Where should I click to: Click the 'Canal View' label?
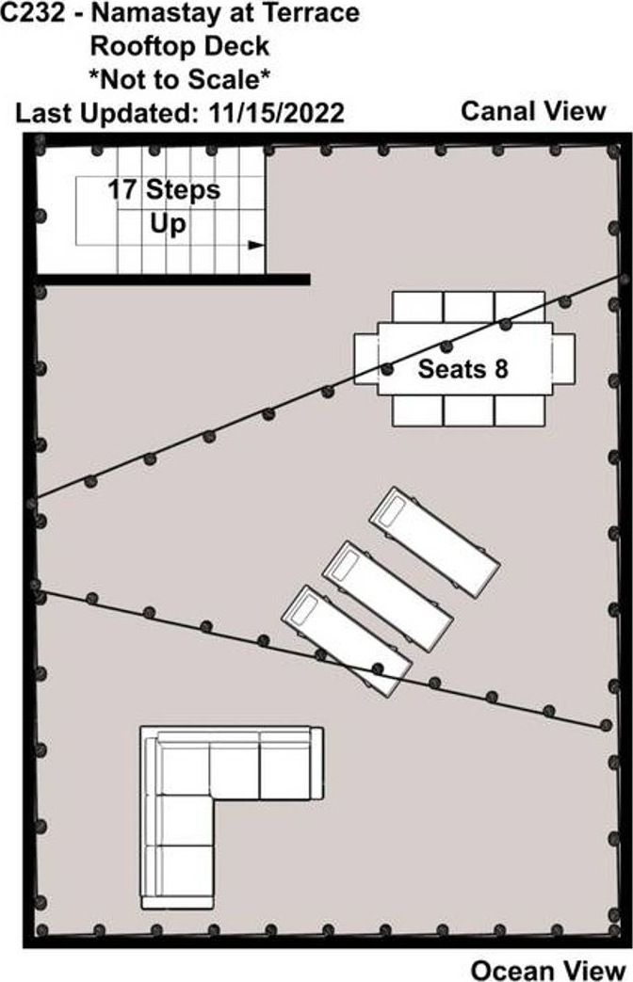point(533,111)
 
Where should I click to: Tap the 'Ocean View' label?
point(548,970)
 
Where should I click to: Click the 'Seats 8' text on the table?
point(463,368)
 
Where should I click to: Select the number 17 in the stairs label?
point(122,190)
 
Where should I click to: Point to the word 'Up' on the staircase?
point(168,224)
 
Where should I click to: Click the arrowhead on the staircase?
point(256,245)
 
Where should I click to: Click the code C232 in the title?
point(33,13)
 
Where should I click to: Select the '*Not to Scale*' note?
point(179,79)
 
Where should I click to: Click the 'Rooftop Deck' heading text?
point(180,46)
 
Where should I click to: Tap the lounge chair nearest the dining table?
point(434,541)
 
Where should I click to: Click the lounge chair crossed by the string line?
point(347,640)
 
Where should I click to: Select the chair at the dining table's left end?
point(365,359)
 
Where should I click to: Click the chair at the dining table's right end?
point(563,359)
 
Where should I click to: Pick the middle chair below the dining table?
point(468,411)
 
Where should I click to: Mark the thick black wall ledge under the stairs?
point(173,280)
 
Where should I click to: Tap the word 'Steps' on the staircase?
point(183,190)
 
